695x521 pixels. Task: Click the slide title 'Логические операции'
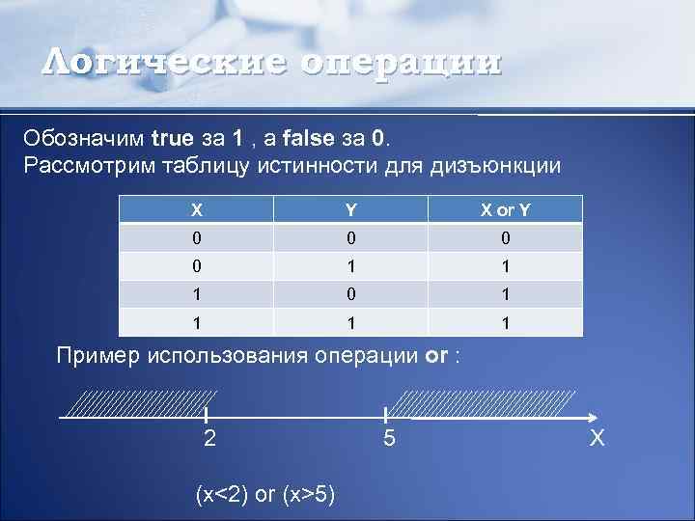click(x=272, y=63)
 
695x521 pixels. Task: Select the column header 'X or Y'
click(x=506, y=209)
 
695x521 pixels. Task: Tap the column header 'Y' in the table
click(x=351, y=209)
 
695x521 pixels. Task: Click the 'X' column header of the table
click(x=196, y=209)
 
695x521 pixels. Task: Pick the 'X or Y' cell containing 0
click(x=506, y=238)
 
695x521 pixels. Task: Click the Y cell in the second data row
click(x=351, y=266)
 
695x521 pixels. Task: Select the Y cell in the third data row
click(x=351, y=294)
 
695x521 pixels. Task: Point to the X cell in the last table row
click(x=196, y=322)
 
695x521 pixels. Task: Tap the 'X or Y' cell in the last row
click(x=506, y=322)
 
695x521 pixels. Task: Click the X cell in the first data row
click(x=196, y=238)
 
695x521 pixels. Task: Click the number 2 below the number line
click(x=209, y=439)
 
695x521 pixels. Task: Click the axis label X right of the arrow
click(x=598, y=439)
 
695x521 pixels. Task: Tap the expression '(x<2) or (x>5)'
click(x=265, y=495)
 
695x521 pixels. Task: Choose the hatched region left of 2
click(x=145, y=404)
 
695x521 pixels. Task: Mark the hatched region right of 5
click(x=487, y=404)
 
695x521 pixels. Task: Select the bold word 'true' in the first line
click(x=173, y=137)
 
